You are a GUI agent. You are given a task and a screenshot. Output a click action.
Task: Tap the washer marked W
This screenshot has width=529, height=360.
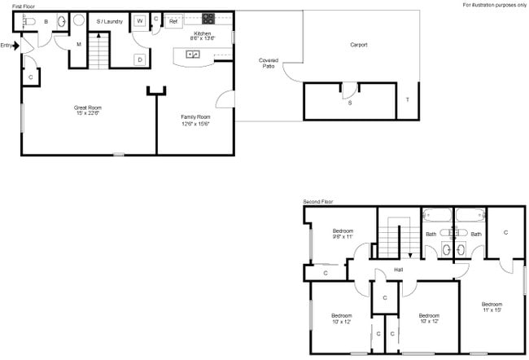[140, 20]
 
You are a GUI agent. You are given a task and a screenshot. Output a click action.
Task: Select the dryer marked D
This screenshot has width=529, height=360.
[140, 59]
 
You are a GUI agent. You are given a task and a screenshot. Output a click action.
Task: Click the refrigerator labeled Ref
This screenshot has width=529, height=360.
[173, 20]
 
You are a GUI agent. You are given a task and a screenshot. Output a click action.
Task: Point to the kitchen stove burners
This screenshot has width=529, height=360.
[208, 18]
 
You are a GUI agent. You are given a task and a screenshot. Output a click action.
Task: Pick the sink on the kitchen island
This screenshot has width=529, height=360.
[194, 55]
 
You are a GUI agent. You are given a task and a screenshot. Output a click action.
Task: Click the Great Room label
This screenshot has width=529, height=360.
[88, 109]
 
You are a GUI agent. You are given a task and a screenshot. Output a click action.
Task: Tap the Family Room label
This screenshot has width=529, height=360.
[196, 121]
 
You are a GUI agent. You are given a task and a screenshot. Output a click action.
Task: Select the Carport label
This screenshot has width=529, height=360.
[359, 45]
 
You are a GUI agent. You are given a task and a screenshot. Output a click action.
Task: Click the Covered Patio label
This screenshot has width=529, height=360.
[268, 63]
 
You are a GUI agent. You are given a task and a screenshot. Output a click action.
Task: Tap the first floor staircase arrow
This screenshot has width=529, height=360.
[98, 37]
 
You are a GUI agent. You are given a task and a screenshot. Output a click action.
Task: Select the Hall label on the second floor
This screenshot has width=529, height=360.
[399, 270]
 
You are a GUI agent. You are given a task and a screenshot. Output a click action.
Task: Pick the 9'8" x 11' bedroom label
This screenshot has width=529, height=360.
[343, 234]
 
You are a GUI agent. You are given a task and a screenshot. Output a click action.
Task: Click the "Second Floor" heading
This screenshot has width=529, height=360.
[318, 201]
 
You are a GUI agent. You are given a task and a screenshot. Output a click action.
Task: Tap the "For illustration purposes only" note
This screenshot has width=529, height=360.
[494, 5]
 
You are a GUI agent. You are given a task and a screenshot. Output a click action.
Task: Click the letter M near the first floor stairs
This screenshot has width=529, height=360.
[79, 44]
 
